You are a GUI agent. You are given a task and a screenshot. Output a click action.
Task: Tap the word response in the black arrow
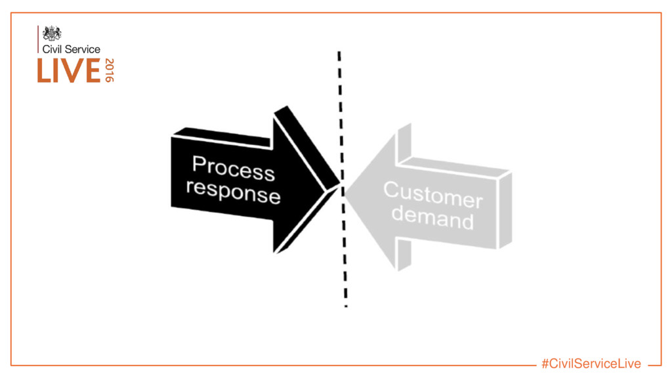(233, 192)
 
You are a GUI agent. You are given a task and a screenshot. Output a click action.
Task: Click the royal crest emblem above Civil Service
(52, 33)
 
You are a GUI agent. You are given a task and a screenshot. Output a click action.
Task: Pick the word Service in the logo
(82, 49)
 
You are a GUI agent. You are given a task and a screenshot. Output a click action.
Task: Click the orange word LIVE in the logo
(69, 71)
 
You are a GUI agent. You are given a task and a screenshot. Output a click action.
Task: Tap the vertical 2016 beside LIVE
(110, 70)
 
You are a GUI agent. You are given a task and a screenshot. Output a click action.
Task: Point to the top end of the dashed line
(339, 52)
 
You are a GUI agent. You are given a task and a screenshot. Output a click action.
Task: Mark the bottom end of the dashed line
(346, 305)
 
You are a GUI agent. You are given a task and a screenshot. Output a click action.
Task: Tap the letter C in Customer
(391, 190)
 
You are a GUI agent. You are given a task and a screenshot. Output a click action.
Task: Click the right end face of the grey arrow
(505, 209)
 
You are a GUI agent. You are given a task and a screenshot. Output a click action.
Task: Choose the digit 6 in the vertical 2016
(110, 79)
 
